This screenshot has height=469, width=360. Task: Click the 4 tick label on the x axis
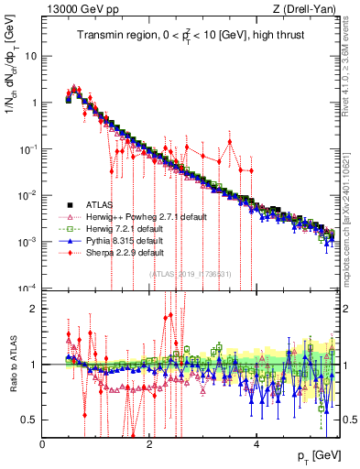coord(256,445)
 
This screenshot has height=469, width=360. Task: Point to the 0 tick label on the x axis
coord(43,445)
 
